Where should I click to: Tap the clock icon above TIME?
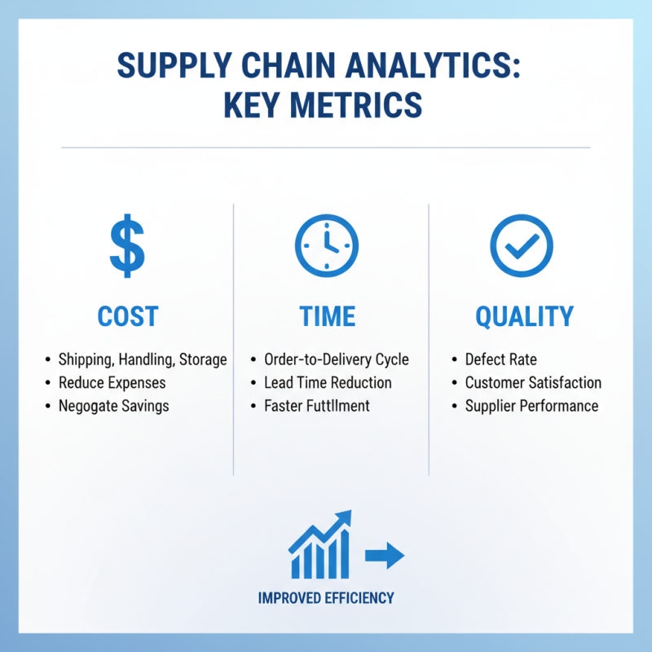coord(326,245)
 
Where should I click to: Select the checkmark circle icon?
coord(522,244)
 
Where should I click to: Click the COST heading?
coord(128,317)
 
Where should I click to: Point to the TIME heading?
coord(326,317)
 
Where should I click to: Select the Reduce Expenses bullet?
coord(112,383)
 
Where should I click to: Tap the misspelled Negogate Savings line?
coord(113,406)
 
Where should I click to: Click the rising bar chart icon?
coord(320,544)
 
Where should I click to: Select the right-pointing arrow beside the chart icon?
coord(385,556)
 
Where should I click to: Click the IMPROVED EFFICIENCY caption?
coord(326,598)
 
